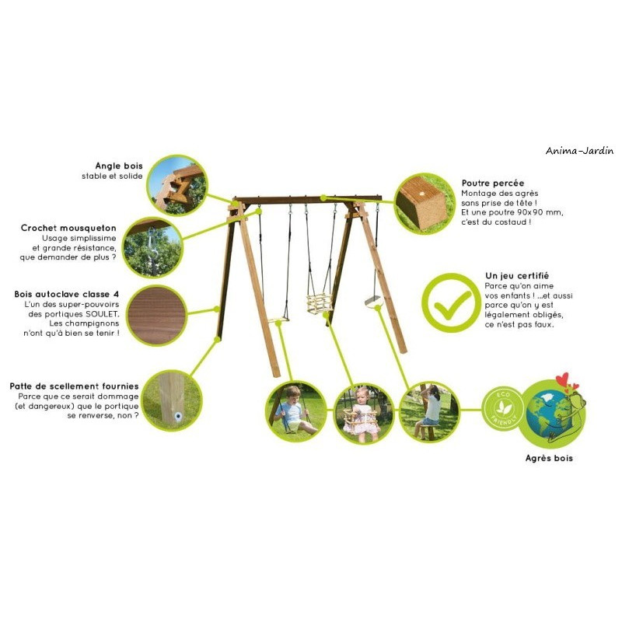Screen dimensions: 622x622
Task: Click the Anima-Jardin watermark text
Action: tap(579, 151)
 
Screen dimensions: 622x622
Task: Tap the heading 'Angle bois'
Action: tap(119, 166)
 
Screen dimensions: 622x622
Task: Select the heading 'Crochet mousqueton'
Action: tap(68, 228)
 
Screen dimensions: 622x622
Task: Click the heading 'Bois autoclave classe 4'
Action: tap(67, 295)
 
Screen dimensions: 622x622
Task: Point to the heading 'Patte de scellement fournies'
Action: tap(74, 386)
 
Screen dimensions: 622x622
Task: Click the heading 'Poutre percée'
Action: tap(493, 183)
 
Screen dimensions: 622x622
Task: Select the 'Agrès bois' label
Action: tap(549, 458)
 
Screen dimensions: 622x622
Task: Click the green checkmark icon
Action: tap(452, 304)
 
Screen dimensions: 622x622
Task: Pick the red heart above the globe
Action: tap(562, 379)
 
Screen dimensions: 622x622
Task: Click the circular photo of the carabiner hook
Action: tap(152, 247)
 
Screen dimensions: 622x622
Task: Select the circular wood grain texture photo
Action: tap(158, 316)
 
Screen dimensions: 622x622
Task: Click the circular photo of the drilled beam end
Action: tap(425, 204)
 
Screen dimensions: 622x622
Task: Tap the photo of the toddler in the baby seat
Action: tap(364, 413)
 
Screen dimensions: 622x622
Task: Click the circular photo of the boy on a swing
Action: tap(296, 411)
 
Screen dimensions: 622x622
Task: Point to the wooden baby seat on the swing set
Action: tap(320, 303)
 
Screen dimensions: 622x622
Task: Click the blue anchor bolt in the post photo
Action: tap(178, 416)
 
